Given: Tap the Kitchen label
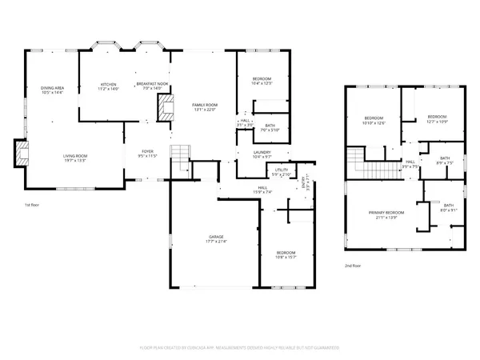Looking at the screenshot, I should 108,85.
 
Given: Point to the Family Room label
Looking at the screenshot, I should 204,105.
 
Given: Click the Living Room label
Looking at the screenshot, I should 74,156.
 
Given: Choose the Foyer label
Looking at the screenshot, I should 147,150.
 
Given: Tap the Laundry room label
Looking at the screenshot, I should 262,152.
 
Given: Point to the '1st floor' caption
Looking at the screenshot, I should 32,205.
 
